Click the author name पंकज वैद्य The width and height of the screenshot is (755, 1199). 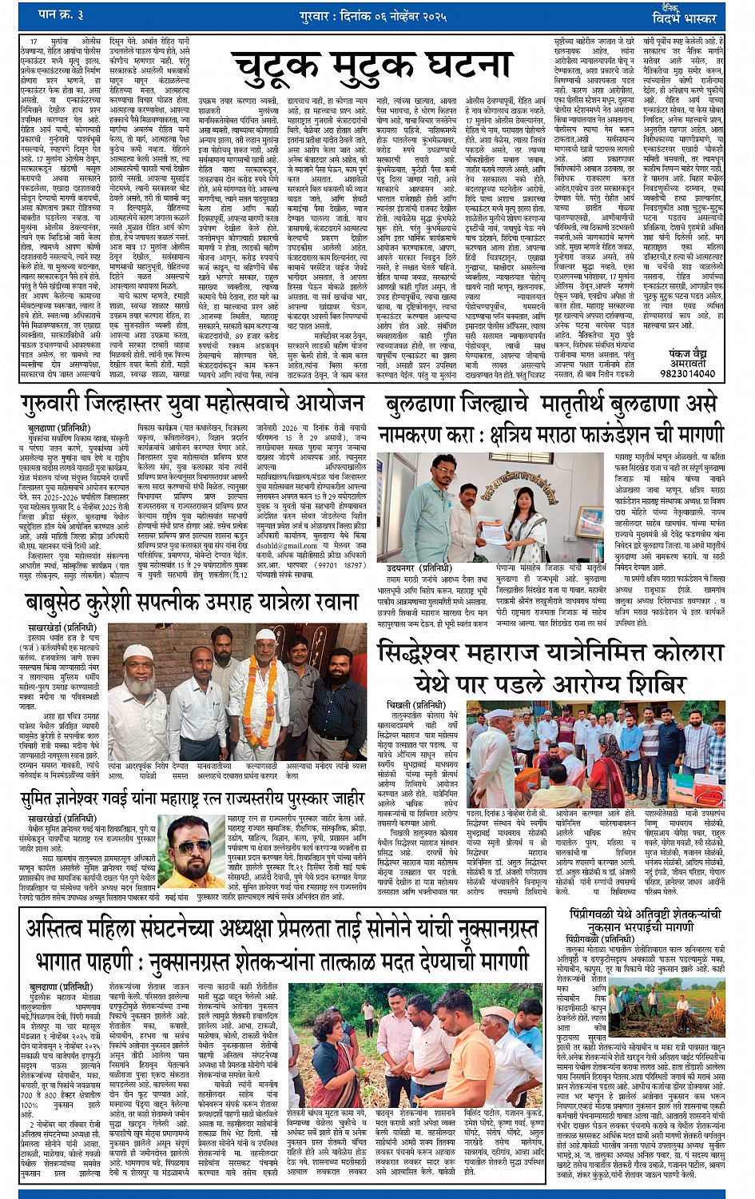(688, 352)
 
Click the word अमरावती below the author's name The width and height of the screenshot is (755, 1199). (688, 362)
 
